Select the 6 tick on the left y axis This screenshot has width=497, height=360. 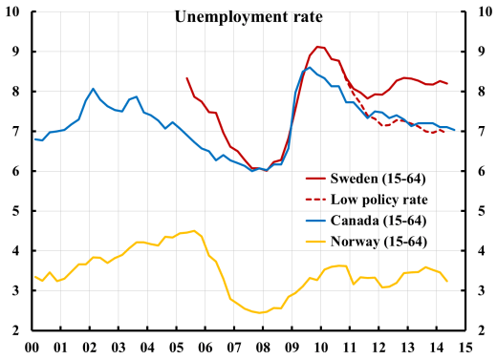tap(15, 171)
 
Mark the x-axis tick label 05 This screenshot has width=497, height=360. tap(177, 348)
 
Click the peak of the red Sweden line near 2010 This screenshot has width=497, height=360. tap(318, 46)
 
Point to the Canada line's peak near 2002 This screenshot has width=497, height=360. tap(93, 88)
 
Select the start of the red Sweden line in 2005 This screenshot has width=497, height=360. tap(186, 78)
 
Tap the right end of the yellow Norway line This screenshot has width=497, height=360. tap(447, 281)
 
